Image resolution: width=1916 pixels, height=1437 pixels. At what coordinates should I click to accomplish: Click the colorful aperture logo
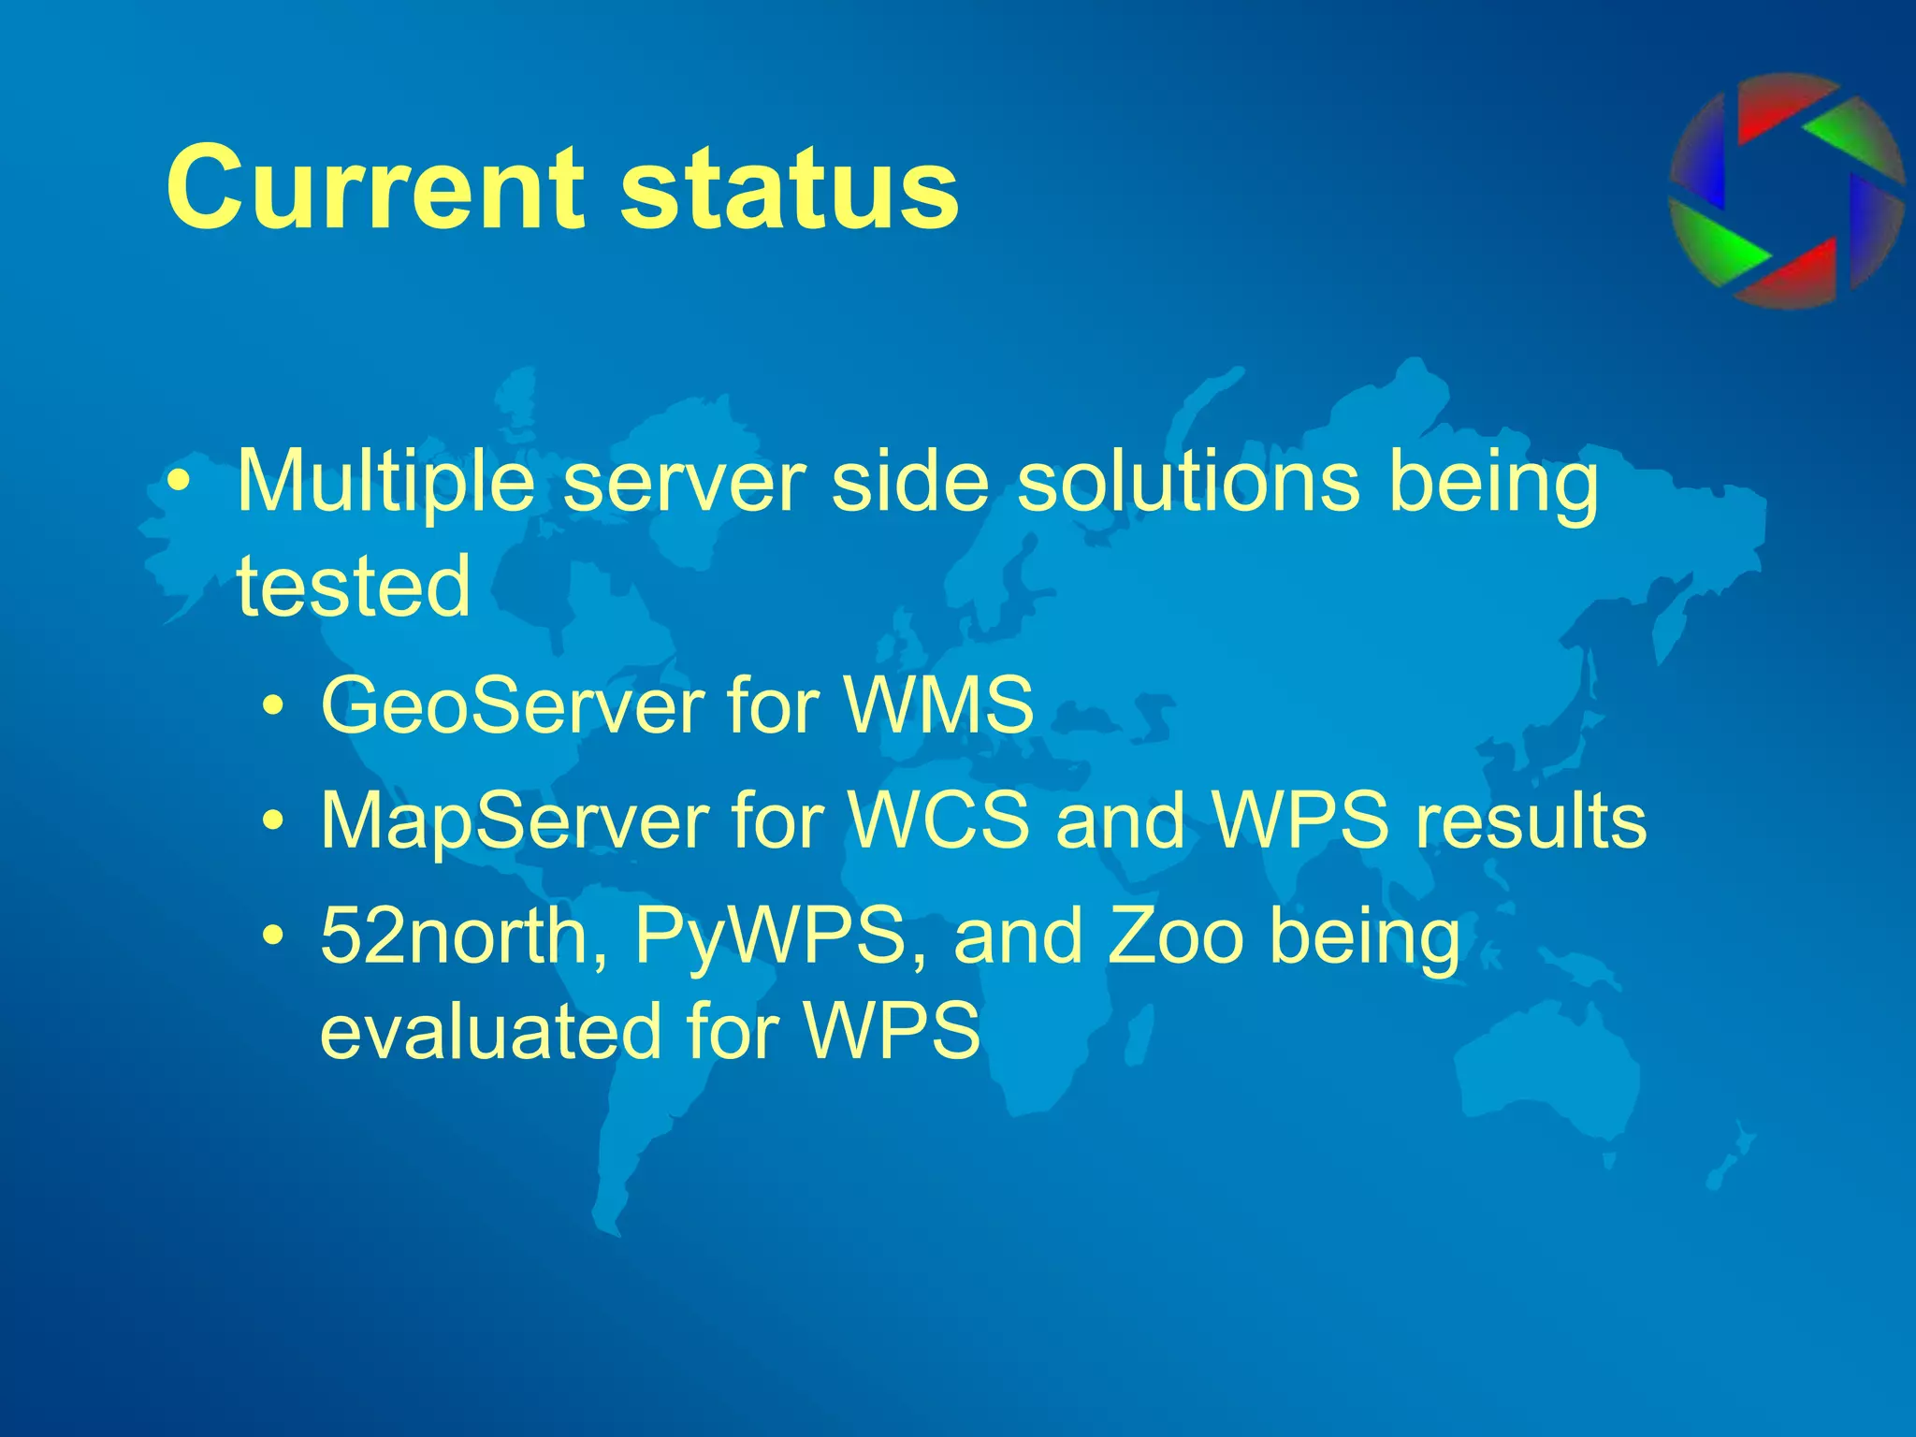coord(1787,191)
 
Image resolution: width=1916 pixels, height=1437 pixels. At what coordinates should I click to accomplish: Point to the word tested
coord(354,586)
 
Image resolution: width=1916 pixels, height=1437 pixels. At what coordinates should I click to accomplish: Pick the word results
coord(1531,820)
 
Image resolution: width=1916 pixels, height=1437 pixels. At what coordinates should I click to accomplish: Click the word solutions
coord(1187,481)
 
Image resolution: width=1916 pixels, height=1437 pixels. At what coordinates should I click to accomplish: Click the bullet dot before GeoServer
coord(273,707)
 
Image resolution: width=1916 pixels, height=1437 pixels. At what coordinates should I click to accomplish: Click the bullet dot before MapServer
coord(273,822)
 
